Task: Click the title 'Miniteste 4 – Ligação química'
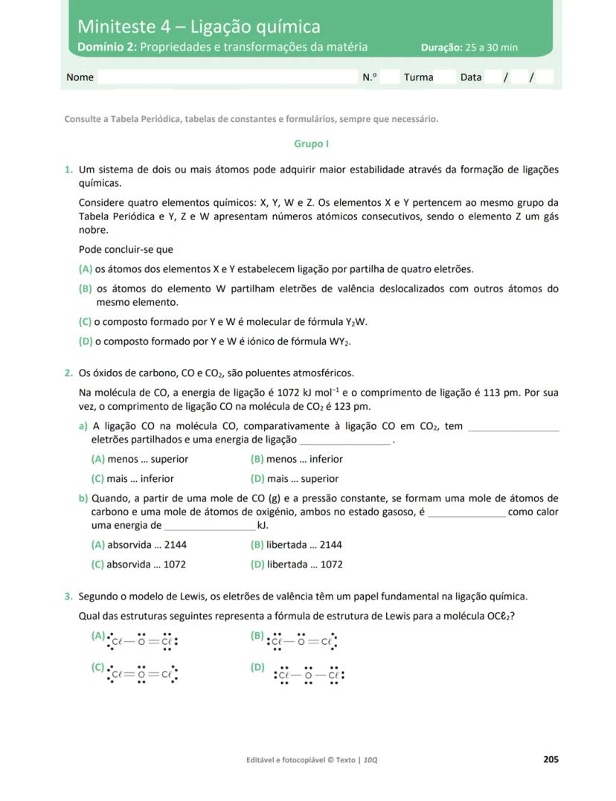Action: pyautogui.click(x=199, y=27)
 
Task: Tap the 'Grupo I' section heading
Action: pyautogui.click(x=311, y=144)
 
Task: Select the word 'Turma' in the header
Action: pyautogui.click(x=418, y=77)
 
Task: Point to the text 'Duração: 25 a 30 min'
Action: pyautogui.click(x=469, y=48)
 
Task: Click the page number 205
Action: pyautogui.click(x=551, y=759)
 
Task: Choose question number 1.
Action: pyautogui.click(x=68, y=170)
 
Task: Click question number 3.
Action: pyautogui.click(x=68, y=596)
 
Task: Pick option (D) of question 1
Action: pyautogui.click(x=215, y=341)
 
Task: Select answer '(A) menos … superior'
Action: pyautogui.click(x=140, y=459)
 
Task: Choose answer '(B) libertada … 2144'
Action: pyautogui.click(x=297, y=544)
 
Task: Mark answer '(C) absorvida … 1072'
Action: pyautogui.click(x=138, y=564)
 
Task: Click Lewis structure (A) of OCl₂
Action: pyautogui.click(x=142, y=640)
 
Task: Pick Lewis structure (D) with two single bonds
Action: pyautogui.click(x=308, y=675)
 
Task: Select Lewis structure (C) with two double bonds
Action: pyautogui.click(x=142, y=675)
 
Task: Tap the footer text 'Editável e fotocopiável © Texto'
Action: pyautogui.click(x=302, y=760)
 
